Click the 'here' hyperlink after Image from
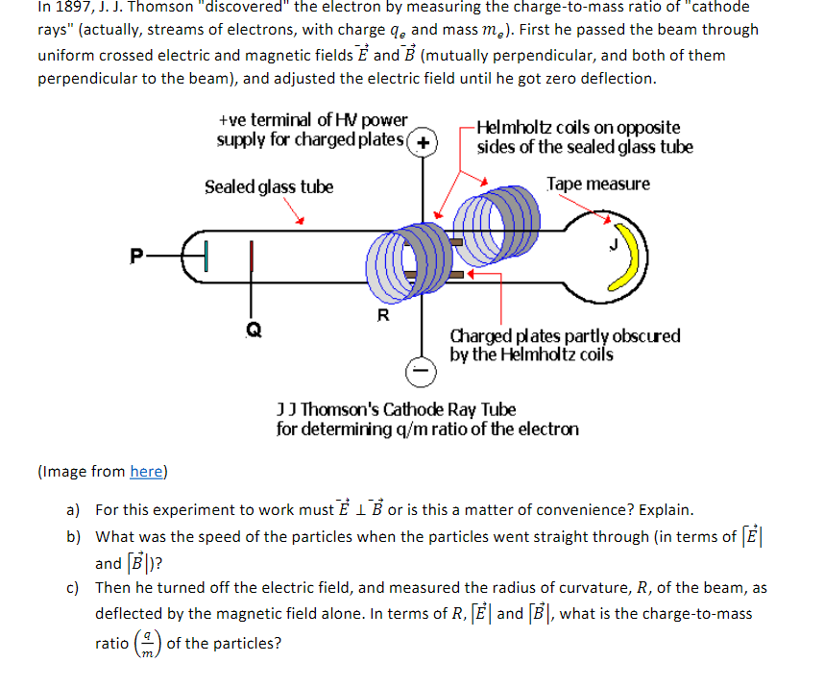click(147, 471)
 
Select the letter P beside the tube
click(139, 255)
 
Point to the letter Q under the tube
click(253, 327)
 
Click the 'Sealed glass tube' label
click(268, 186)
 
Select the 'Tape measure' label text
click(597, 184)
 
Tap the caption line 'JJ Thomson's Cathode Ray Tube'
click(396, 410)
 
